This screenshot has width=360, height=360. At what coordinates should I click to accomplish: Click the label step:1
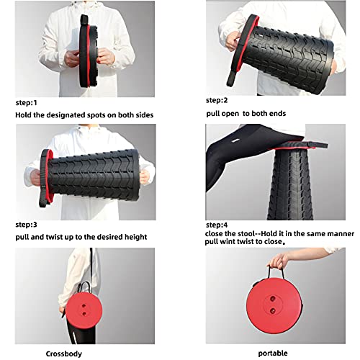point(26,103)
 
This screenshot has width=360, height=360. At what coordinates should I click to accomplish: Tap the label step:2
point(217,100)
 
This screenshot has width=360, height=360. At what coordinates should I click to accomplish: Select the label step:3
point(26,225)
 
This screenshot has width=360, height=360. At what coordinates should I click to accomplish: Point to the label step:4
point(217,225)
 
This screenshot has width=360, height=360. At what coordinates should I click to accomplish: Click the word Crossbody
point(64,354)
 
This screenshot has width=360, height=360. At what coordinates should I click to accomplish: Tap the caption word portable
point(273,354)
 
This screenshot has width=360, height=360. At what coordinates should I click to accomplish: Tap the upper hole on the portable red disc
point(273,299)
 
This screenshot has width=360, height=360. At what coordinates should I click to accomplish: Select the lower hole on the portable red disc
point(273,311)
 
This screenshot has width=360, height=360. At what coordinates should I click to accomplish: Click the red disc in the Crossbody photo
point(84,310)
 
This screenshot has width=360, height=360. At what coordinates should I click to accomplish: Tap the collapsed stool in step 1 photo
point(88,51)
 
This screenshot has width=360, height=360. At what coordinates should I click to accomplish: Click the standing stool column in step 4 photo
point(291,184)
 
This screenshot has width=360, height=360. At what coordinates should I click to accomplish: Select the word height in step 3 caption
point(135,237)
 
